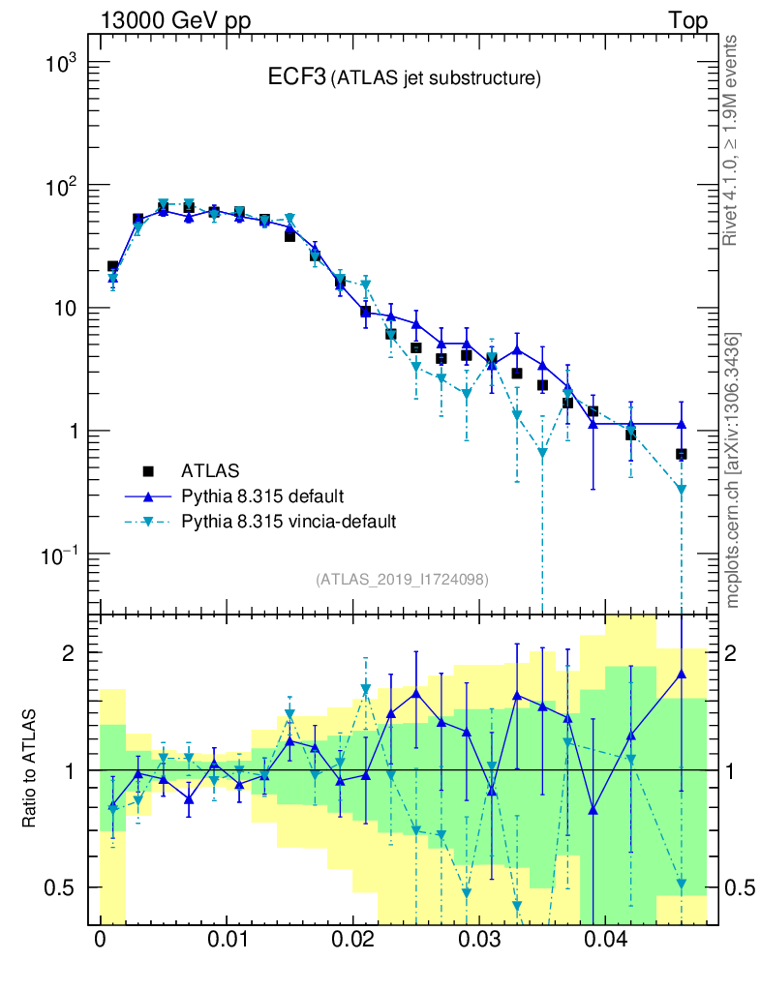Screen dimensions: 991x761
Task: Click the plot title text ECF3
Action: tap(296, 78)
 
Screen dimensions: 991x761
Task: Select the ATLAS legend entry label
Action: tap(210, 471)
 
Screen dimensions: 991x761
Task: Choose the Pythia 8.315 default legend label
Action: tap(261, 496)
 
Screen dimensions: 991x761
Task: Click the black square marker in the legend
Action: tap(149, 471)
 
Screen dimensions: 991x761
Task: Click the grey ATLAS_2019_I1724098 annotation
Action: tap(402, 580)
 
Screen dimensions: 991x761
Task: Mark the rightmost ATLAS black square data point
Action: tap(682, 454)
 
